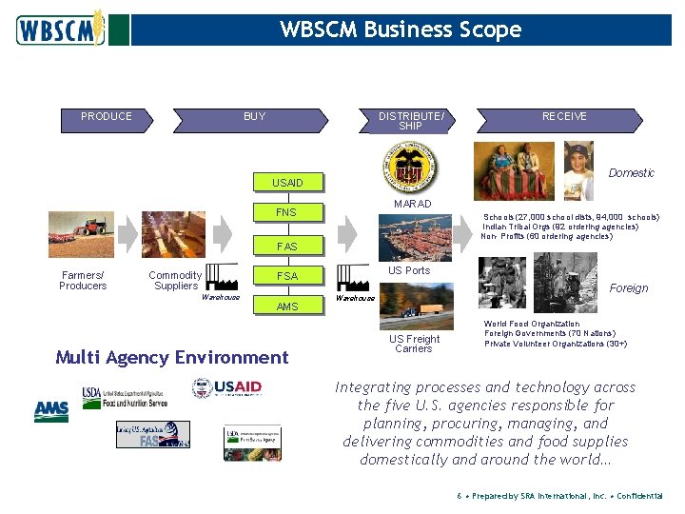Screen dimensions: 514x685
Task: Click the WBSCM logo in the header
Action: point(59,30)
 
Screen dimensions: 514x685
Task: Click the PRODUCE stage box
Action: point(107,117)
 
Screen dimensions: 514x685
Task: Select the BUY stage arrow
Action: point(255,117)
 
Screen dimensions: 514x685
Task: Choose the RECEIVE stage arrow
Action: point(564,117)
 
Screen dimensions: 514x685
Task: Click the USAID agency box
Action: point(287,183)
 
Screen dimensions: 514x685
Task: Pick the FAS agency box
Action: point(287,247)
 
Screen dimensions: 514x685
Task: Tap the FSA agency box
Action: point(286,276)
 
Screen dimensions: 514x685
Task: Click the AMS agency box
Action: point(286,306)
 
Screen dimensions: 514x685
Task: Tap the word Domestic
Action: point(631,173)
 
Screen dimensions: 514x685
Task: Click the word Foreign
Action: point(628,288)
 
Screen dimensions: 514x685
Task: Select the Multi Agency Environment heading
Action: point(171,358)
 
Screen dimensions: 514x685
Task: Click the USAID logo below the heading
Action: point(227,388)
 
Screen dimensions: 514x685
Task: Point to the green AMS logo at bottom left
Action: point(51,411)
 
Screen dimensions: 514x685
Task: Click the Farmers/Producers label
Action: point(83,281)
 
